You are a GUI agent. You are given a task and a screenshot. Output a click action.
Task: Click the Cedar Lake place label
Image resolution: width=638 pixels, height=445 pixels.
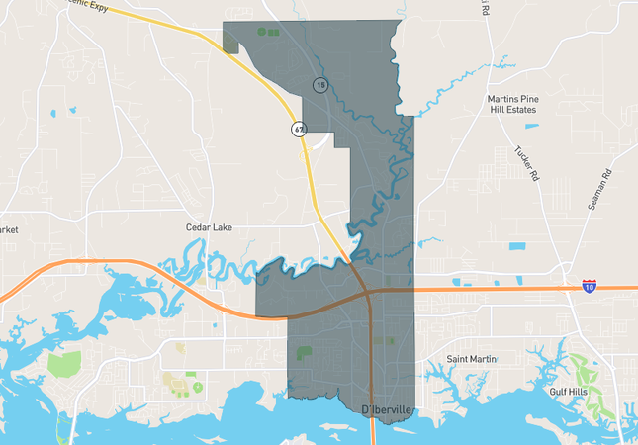[209, 227]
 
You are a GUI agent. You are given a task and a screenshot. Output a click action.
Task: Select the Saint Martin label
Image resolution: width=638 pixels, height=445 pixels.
[470, 359]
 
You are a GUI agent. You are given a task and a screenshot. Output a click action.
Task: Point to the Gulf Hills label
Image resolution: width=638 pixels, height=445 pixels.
[569, 392]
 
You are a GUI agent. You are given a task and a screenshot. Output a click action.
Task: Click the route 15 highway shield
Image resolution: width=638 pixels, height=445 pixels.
[320, 85]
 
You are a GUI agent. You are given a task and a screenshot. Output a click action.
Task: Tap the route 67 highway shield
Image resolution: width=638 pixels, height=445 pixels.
[298, 130]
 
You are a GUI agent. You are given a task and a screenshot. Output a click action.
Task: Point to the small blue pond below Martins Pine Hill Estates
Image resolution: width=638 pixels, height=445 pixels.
[531, 126]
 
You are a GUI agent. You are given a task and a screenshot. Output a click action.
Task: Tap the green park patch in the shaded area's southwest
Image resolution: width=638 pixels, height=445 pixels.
[303, 352]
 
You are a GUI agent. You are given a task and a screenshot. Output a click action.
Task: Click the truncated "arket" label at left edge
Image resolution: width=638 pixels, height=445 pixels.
[10, 230]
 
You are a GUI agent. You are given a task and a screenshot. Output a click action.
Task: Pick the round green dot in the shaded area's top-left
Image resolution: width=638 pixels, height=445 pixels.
[261, 32]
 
